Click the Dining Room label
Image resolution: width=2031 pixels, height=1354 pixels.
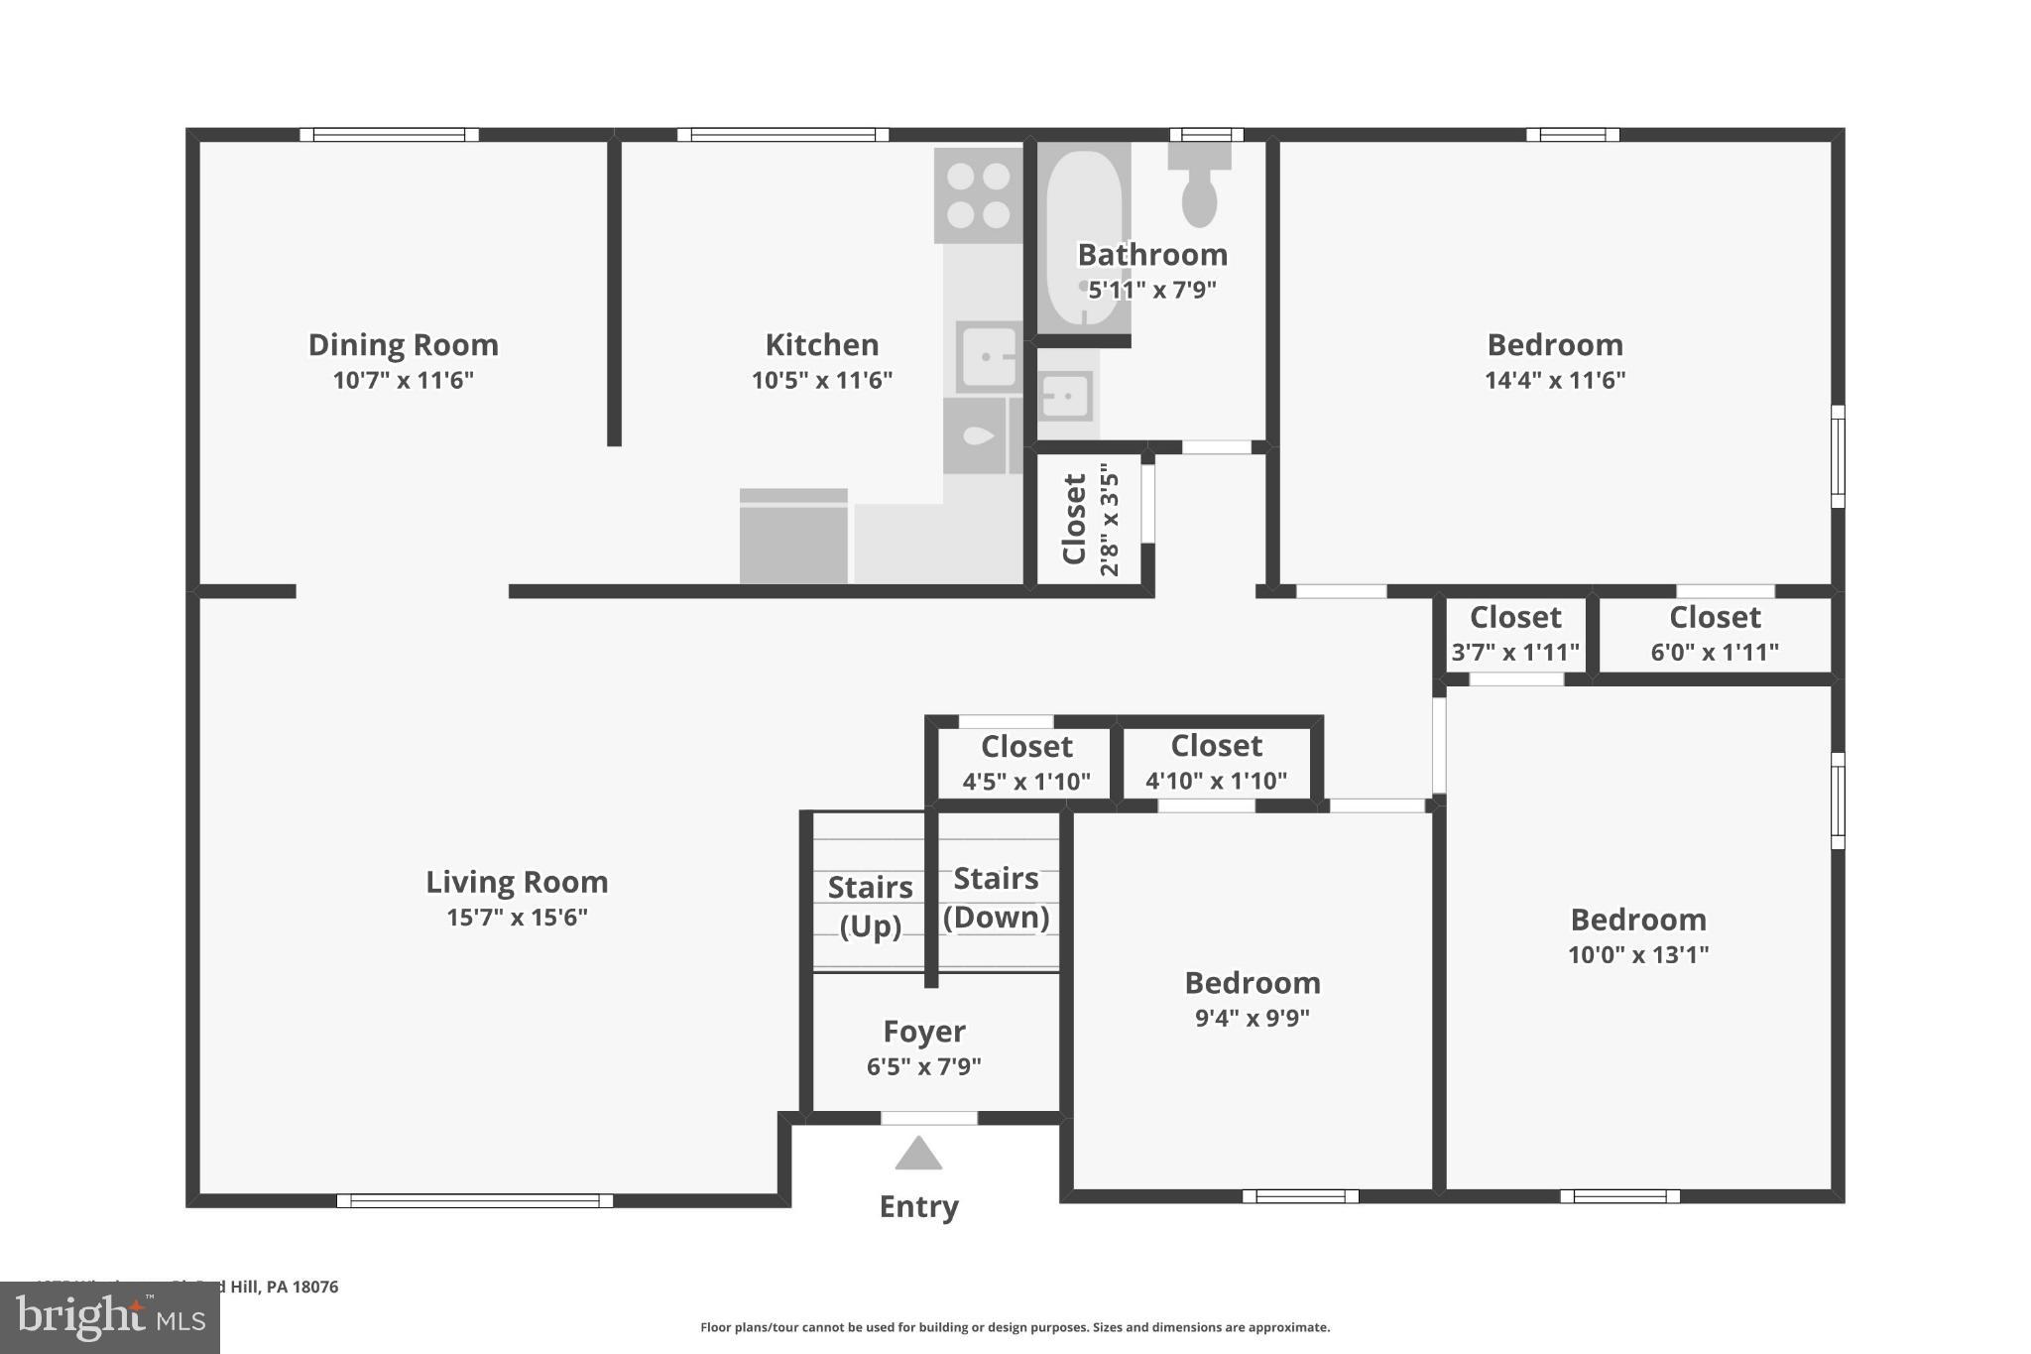[x=403, y=345]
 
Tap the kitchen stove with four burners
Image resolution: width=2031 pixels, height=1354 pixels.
[x=978, y=195]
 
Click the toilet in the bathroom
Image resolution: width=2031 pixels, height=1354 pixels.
[x=1199, y=187]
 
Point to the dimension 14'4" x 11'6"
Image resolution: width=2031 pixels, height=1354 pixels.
[x=1554, y=380]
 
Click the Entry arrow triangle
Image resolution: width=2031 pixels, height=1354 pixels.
[x=918, y=1155]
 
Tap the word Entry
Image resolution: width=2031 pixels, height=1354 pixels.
[x=918, y=1206]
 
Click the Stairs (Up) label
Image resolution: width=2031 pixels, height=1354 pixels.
[x=870, y=906]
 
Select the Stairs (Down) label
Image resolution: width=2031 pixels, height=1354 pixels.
[x=996, y=898]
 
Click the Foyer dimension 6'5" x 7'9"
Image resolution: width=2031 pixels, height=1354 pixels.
[x=923, y=1066]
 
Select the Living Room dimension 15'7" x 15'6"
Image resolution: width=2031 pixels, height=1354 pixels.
[x=517, y=918]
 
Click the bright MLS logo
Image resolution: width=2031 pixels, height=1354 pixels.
[x=109, y=1317]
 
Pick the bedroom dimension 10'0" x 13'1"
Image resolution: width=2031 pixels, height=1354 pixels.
[x=1637, y=954]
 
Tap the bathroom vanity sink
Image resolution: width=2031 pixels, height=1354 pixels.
[x=1066, y=396]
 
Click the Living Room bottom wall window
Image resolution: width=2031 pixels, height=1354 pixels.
[x=474, y=1200]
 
